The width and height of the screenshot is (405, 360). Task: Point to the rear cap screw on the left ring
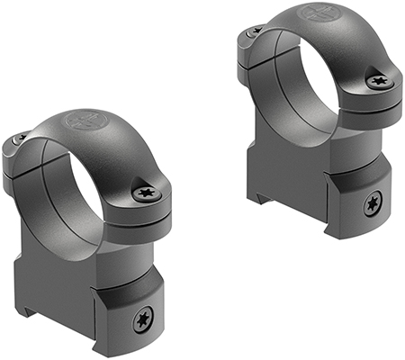click(x=21, y=139)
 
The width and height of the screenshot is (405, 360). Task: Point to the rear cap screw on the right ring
click(x=255, y=31)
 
